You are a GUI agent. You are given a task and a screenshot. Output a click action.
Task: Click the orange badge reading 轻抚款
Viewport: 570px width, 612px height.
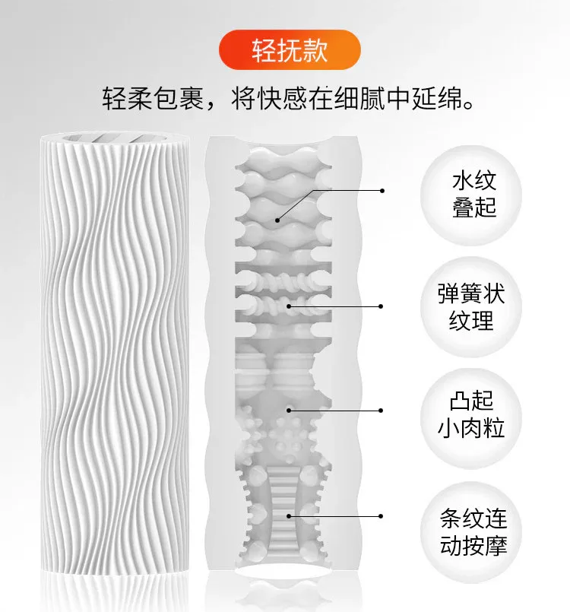pyautogui.click(x=290, y=50)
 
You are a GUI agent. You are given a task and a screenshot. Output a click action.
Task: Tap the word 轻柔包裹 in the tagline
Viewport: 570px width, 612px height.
pyautogui.click(x=153, y=99)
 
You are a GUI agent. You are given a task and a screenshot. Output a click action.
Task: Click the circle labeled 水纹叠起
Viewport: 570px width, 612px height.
pyautogui.click(x=471, y=195)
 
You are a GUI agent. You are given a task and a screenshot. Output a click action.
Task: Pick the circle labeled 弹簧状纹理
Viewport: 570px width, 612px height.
pyautogui.click(x=471, y=307)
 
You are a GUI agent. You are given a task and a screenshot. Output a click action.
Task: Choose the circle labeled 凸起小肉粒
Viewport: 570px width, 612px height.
pyautogui.click(x=471, y=418)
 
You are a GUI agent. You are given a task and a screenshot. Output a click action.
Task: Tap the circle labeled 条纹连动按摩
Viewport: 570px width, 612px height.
pyautogui.click(x=471, y=531)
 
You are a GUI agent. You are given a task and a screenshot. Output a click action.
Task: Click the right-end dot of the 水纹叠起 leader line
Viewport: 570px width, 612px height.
pyautogui.click(x=382, y=191)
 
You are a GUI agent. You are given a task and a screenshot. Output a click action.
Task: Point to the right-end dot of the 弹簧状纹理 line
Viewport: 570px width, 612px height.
pyautogui.click(x=382, y=306)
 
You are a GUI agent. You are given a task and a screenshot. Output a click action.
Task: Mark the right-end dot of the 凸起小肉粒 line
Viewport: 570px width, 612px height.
pyautogui.click(x=381, y=411)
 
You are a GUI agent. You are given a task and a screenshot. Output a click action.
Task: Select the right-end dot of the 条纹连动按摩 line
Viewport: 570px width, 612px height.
pyautogui.click(x=381, y=516)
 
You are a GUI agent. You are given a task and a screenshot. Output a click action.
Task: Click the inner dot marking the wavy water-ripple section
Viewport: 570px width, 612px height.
pyautogui.click(x=277, y=220)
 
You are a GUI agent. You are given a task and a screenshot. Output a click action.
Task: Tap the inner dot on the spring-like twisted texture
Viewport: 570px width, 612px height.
pyautogui.click(x=289, y=306)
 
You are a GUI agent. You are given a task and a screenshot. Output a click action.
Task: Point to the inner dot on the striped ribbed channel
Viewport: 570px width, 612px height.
pyautogui.click(x=289, y=516)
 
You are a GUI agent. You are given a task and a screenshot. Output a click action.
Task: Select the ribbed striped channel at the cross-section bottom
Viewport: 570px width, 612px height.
pyautogui.click(x=283, y=515)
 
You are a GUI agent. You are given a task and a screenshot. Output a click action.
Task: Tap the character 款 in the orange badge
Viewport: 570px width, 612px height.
pyautogui.click(x=315, y=50)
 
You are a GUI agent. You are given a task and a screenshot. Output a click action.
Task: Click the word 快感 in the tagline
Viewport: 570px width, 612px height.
pyautogui.click(x=269, y=99)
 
